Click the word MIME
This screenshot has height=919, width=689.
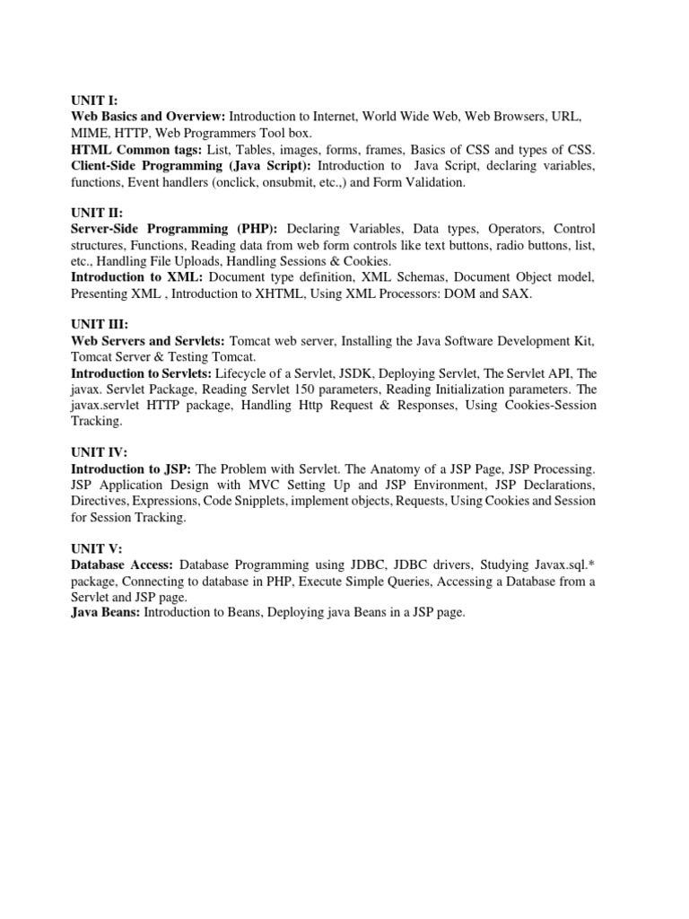point(91,133)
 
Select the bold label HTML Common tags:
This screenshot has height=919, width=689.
point(137,149)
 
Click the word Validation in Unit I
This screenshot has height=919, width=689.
point(434,181)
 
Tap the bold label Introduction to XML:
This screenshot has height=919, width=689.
point(137,277)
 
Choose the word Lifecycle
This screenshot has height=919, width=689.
point(247,373)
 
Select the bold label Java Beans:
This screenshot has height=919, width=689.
point(104,614)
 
